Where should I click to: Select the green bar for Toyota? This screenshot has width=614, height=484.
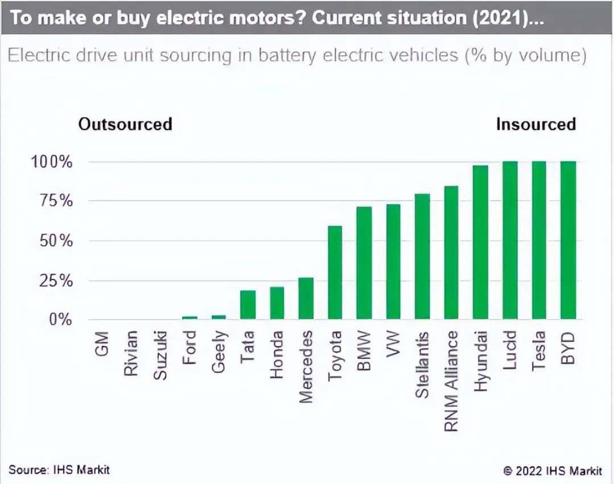335,272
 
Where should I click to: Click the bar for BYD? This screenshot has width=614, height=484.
568,240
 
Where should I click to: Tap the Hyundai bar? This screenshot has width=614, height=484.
480,242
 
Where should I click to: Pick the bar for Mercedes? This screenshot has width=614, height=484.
306,298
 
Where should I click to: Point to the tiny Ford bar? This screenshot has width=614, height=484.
190,317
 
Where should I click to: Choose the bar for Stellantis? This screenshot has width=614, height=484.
422,257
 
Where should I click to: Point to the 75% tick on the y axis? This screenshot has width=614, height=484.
52,201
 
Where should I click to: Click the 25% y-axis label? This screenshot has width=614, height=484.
52,280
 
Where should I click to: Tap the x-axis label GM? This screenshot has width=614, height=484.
102,344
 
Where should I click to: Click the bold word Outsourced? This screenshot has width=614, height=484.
125,124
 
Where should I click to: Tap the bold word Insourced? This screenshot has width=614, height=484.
536,124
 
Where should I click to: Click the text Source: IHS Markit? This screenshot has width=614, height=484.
59,470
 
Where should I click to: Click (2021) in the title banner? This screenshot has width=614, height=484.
499,18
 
